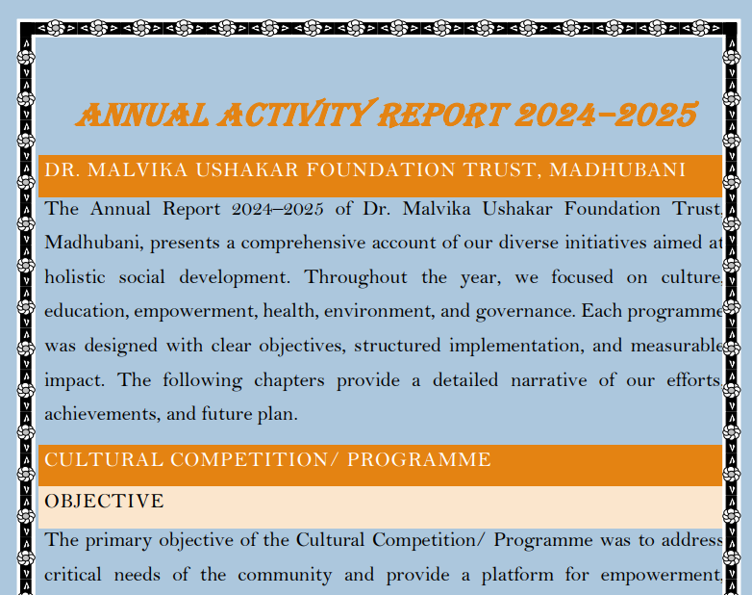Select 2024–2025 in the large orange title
[x=605, y=116]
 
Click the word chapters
[x=295, y=380]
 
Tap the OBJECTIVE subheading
[x=104, y=502]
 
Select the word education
[x=85, y=312]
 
